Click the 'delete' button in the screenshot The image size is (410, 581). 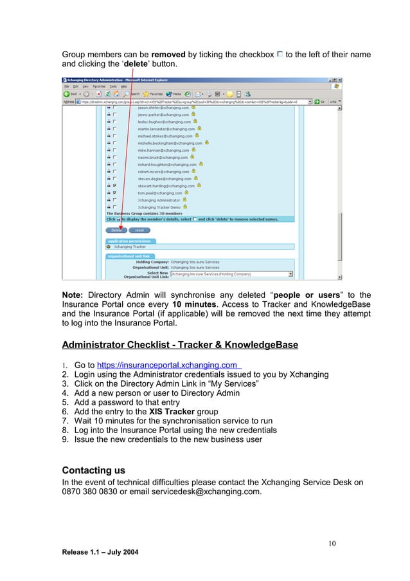116,230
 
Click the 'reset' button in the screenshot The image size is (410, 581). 139,230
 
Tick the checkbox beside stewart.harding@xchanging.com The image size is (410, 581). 114,185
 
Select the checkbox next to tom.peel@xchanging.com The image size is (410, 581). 114,192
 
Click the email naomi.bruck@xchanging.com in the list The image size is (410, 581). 163,157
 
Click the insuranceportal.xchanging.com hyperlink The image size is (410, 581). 167,365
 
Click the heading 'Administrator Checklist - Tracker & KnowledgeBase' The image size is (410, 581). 179,346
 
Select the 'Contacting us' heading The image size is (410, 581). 93,470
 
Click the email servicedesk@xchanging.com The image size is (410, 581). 206,492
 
